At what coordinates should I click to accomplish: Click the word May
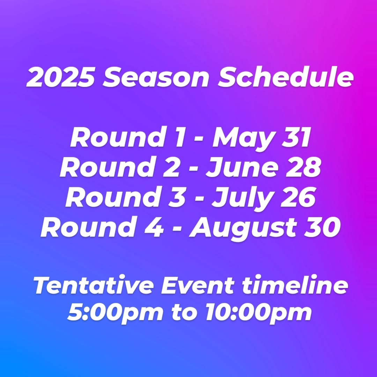click(243, 139)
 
